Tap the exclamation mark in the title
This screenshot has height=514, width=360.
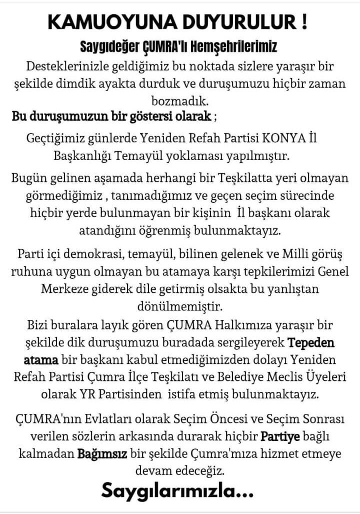[x=304, y=23]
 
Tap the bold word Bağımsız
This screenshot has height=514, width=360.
[x=102, y=453]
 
